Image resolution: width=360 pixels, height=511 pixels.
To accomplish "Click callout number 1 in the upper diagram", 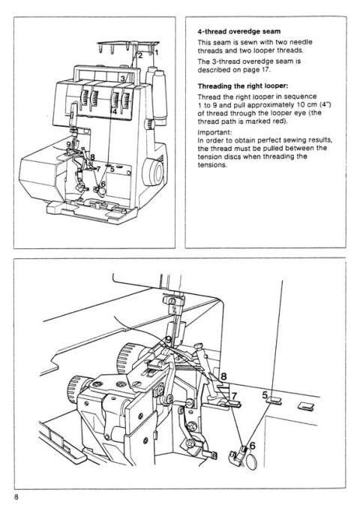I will point(157,52).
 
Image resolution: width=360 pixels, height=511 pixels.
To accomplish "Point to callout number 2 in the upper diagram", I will point(139,55).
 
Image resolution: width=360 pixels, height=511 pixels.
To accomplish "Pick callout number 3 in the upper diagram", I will point(123,78).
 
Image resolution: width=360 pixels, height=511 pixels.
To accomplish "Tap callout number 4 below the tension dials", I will point(114,111).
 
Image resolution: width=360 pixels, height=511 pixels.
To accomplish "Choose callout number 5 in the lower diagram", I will point(265,392).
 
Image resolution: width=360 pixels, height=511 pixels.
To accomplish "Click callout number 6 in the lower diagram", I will point(251,446).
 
